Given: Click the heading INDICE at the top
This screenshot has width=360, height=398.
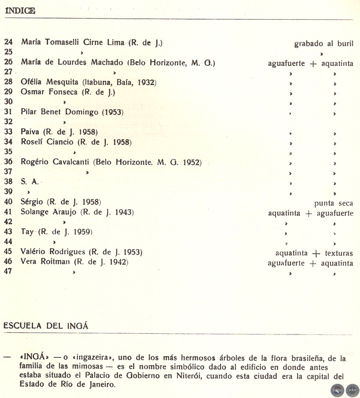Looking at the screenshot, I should click(x=19, y=11).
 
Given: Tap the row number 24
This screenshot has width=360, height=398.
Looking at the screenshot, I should click(x=8, y=43).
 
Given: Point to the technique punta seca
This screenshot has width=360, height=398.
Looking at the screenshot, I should click(x=333, y=203).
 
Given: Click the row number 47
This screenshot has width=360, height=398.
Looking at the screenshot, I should click(x=8, y=271).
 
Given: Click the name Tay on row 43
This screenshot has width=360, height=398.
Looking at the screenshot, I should click(x=27, y=231).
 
